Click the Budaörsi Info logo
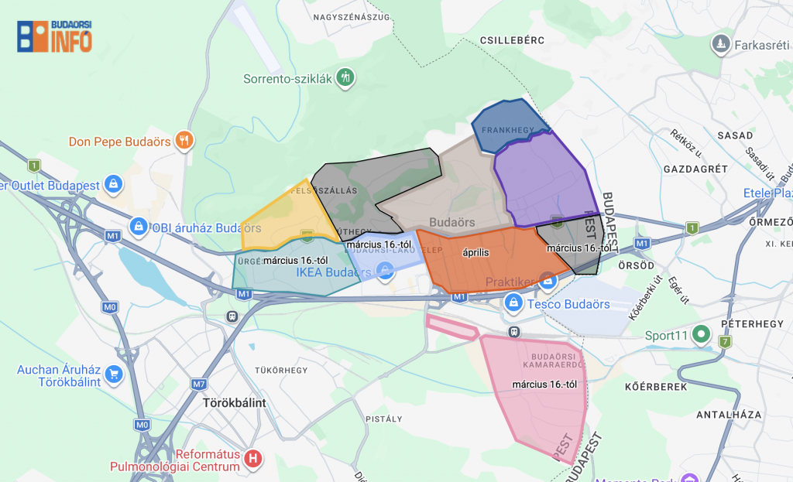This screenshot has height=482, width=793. tap(54, 36)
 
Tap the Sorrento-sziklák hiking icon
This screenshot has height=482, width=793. tap(346, 77)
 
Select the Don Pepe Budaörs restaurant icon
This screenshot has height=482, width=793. tap(184, 140)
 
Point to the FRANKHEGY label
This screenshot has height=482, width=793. tap(504, 129)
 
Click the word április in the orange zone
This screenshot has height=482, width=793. tap(476, 252)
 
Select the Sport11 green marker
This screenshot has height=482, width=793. tap(702, 335)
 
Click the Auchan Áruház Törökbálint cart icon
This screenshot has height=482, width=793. tap(114, 374)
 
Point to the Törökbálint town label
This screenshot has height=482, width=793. tap(234, 403)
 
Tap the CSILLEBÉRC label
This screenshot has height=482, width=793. tap(513, 39)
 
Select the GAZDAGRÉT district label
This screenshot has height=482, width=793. tap(695, 169)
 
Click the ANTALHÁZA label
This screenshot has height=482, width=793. tap(729, 414)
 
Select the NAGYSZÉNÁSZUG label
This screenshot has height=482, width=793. tap(352, 15)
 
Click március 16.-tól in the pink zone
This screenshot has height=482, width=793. tap(545, 385)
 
